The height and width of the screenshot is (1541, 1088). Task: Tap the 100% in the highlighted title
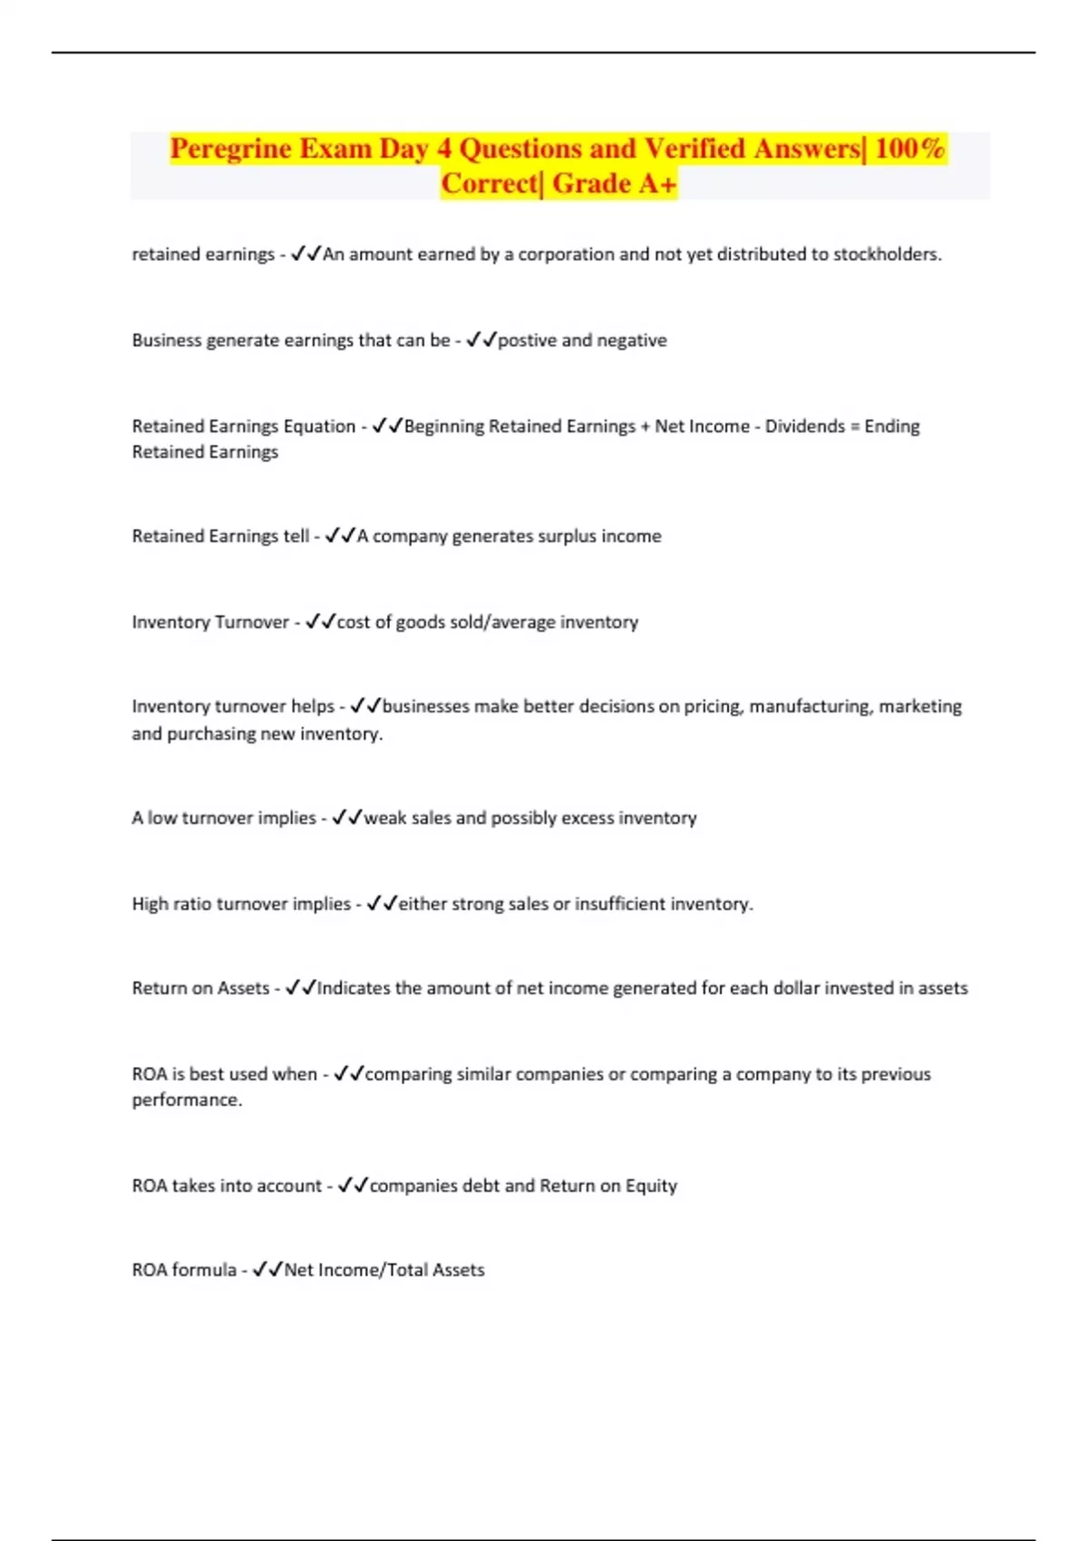coord(909,148)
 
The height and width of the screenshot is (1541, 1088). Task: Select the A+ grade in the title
coord(657,183)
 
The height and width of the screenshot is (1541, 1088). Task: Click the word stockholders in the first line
coord(886,254)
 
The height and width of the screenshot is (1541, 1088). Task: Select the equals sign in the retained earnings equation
coord(854,426)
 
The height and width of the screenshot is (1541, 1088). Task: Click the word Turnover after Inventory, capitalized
coord(252,622)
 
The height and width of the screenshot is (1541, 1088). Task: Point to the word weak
coord(384,818)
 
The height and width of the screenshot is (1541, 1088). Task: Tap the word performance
coord(186,1100)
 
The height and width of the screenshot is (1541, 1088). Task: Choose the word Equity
coord(651,1186)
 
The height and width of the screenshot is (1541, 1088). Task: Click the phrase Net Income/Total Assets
coord(384,1270)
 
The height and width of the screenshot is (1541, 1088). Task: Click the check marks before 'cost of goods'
coord(320,622)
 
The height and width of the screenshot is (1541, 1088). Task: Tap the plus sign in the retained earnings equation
coord(645,426)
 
